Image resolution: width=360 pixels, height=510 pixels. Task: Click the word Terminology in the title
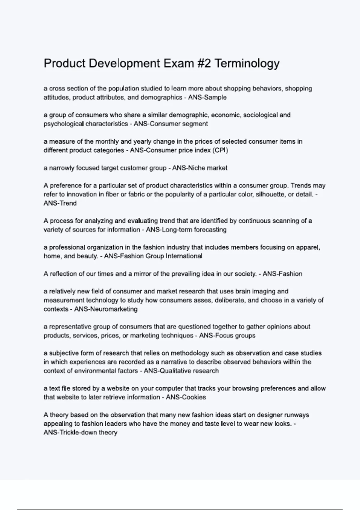[x=247, y=64]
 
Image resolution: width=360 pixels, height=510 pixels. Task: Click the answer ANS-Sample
[x=207, y=97]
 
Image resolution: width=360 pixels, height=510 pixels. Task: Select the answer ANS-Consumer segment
[x=171, y=124]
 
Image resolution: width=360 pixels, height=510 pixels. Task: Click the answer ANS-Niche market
[x=200, y=168]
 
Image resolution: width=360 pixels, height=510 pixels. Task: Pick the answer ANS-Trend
[x=60, y=203]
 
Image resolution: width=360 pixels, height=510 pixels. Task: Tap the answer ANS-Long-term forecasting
[x=186, y=230]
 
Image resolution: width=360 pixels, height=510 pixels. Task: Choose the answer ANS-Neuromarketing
[x=106, y=309]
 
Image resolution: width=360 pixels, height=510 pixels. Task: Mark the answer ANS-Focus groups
[x=227, y=336]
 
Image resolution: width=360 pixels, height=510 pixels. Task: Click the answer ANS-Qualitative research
[x=181, y=371]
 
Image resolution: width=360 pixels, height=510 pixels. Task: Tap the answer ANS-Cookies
[x=186, y=397]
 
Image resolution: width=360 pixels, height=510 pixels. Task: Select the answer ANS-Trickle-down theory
[x=80, y=433]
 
